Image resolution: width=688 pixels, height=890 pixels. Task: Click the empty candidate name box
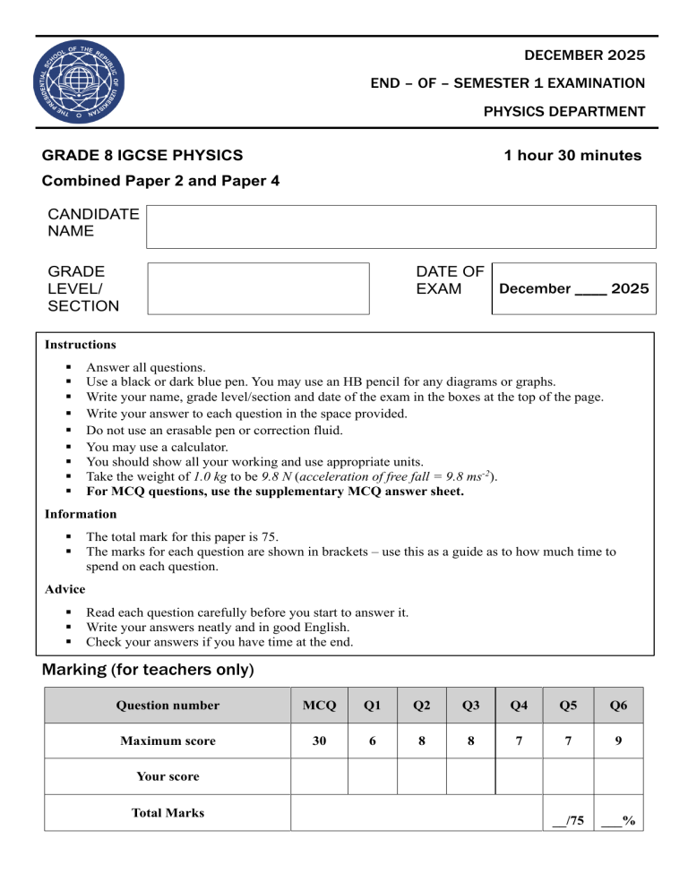(401, 227)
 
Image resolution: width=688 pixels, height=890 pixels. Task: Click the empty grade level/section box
(258, 288)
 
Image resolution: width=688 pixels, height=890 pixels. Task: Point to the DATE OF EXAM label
(450, 279)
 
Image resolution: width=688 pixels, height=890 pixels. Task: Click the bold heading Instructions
(81, 344)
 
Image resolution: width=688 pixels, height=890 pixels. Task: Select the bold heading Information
(81, 514)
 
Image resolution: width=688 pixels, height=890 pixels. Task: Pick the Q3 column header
(470, 706)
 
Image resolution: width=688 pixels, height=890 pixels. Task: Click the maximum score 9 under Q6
(618, 741)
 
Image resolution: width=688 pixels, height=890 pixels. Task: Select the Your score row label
(168, 776)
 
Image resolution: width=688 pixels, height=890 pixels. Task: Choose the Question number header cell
(168, 706)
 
